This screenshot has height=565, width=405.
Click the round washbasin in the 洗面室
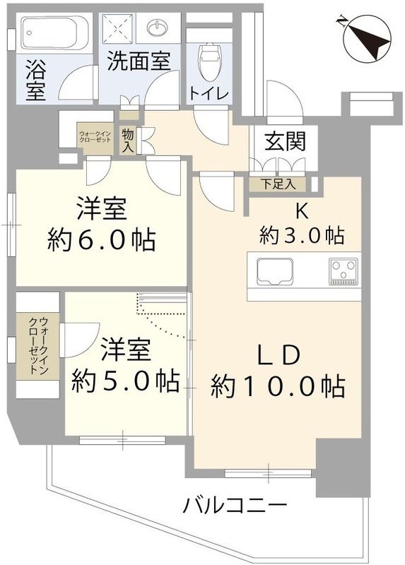[157, 29]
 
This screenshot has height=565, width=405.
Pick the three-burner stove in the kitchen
[343, 270]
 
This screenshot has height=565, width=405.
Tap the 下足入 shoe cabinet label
[276, 184]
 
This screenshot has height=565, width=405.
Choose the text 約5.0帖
[124, 381]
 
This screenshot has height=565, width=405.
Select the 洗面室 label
[139, 61]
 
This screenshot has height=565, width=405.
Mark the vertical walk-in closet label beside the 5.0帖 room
[35, 346]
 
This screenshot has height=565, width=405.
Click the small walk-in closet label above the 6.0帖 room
[95, 136]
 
